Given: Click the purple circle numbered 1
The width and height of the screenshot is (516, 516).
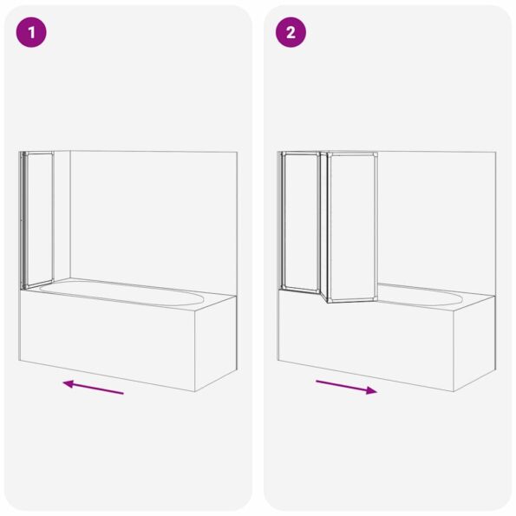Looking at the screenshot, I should click(30, 33).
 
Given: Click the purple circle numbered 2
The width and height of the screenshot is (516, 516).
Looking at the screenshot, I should click(291, 33).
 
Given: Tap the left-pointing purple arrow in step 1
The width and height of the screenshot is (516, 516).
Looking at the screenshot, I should click(93, 387).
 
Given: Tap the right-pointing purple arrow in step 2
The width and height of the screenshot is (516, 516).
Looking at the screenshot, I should click(346, 387).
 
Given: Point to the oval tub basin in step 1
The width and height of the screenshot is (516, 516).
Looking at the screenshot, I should click(121, 293).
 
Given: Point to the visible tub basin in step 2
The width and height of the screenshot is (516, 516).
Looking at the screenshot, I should click(421, 295).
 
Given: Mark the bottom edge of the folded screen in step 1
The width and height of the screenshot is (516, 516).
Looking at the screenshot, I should click(37, 284).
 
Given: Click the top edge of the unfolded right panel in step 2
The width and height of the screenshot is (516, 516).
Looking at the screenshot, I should click(352, 154).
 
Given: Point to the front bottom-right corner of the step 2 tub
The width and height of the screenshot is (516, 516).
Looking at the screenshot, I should click(454, 391).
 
